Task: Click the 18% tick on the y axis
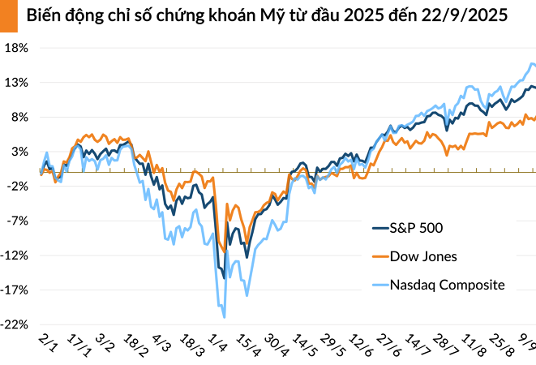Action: (x=18, y=48)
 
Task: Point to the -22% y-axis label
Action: (x=16, y=324)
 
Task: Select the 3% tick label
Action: (x=20, y=152)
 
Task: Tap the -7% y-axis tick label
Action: (x=19, y=221)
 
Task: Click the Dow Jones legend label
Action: (x=423, y=256)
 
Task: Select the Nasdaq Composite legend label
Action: (x=448, y=285)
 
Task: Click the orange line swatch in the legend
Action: (x=378, y=257)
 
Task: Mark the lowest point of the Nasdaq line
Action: (x=224, y=317)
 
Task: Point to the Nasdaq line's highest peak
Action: (x=532, y=63)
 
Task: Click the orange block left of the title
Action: (x=7, y=16)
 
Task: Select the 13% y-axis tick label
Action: (x=18, y=83)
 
